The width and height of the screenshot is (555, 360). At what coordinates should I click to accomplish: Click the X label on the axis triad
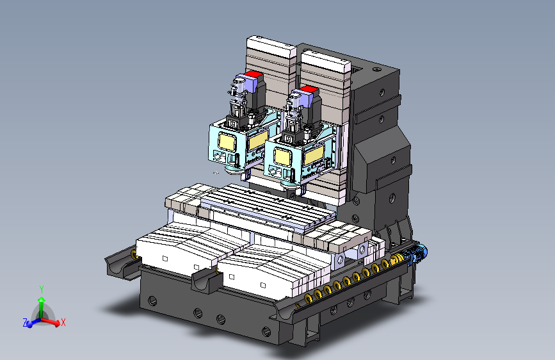pos(63,322)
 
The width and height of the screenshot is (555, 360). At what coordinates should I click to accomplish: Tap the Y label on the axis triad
pos(42,290)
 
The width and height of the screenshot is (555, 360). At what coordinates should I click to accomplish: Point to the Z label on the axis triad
pos(25,322)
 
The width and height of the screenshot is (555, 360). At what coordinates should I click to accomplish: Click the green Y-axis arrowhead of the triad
pos(42,300)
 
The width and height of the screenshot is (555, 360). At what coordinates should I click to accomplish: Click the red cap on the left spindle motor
pos(253,74)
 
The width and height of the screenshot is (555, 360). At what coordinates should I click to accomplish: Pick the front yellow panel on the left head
pos(227,142)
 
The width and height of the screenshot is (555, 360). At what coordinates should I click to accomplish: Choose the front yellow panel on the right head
pos(282,157)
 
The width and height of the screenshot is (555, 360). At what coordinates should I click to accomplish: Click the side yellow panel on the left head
pos(258,140)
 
